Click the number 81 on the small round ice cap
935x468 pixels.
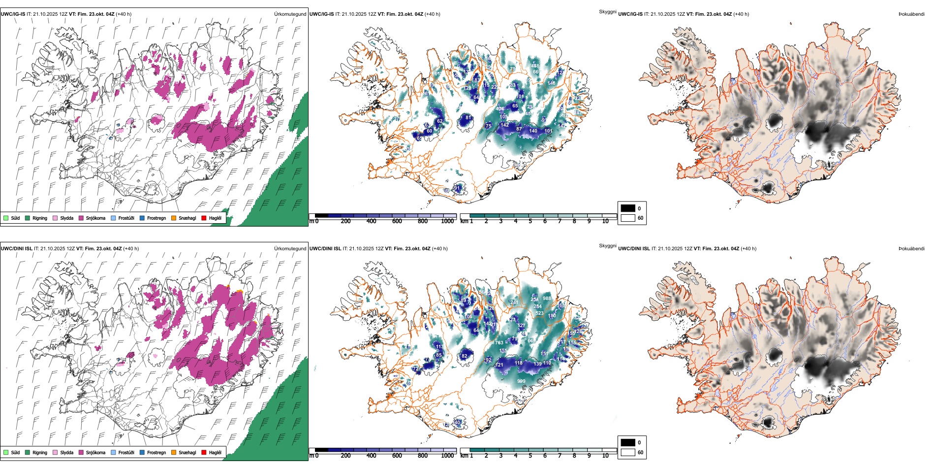[468, 118]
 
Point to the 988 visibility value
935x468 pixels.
[547, 299]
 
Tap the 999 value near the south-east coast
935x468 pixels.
[521, 381]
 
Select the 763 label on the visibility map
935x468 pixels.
[499, 343]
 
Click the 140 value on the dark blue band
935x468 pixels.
[533, 131]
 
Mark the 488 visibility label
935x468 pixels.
[535, 66]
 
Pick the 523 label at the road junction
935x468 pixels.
[539, 313]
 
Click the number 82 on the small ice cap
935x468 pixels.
[464, 356]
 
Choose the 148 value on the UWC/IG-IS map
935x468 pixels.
[551, 83]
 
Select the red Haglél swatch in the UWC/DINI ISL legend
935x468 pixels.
[204, 452]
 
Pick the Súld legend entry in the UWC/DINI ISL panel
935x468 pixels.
[12, 452]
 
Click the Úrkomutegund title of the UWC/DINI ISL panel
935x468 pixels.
[290, 248]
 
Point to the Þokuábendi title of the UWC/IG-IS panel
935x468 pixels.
[911, 14]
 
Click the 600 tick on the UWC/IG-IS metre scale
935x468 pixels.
[397, 222]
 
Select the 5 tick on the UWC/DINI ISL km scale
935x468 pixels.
[530, 456]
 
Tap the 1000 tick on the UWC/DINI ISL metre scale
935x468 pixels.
[447, 456]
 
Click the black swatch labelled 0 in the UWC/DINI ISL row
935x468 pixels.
[627, 442]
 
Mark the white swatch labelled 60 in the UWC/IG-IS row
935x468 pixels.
[627, 218]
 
